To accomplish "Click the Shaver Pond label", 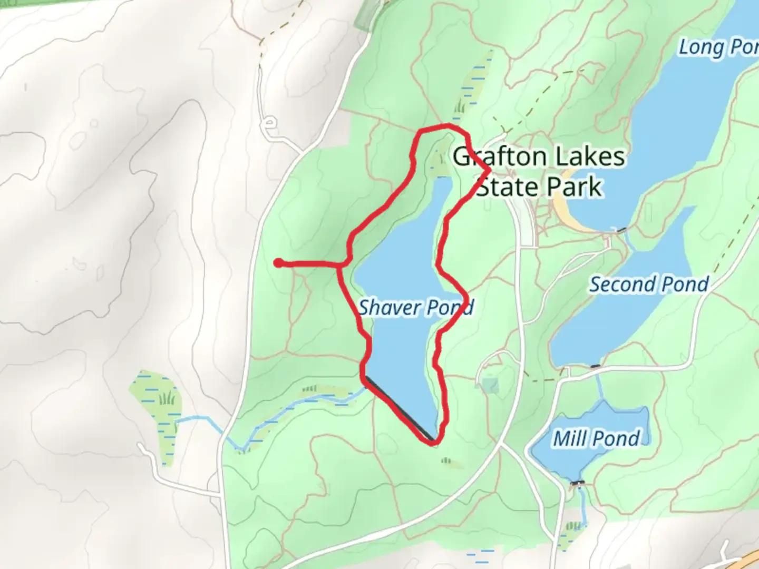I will [416, 307].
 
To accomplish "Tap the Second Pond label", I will [649, 284].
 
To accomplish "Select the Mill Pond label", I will [596, 438].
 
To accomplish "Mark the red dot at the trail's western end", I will [278, 263].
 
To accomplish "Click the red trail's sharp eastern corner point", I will [490, 170].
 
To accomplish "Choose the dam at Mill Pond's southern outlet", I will [578, 483].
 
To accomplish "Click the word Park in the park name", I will [574, 187].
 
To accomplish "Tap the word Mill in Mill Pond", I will [568, 438].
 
